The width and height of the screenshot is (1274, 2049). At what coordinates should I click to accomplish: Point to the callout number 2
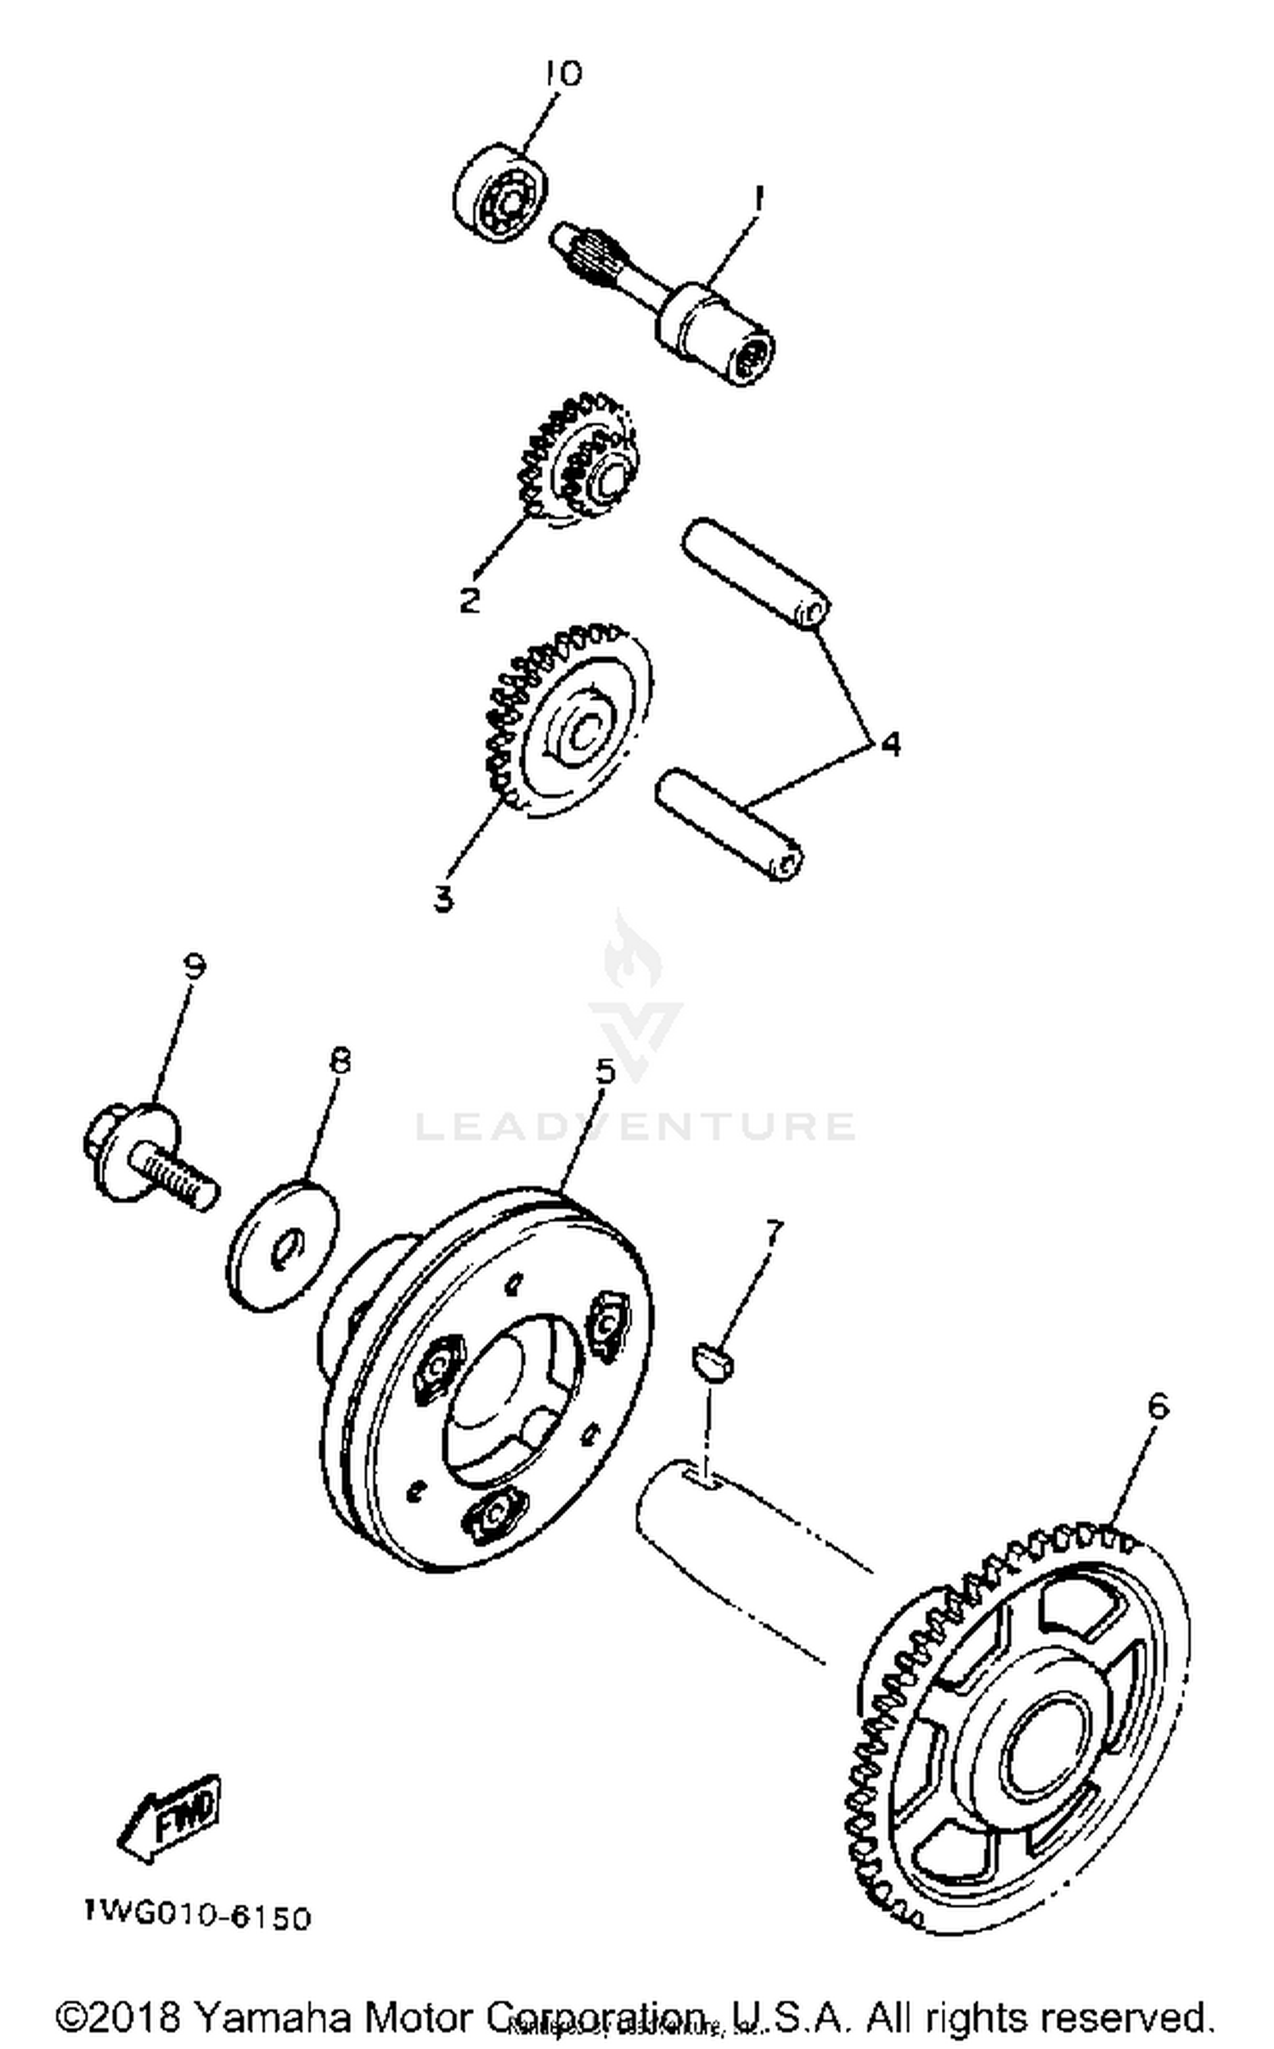coord(469,600)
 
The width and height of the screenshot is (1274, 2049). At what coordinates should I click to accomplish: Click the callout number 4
coord(888,744)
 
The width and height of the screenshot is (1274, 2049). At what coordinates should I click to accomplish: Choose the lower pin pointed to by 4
coord(730,823)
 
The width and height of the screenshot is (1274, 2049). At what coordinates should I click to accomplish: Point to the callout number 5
coord(605,1071)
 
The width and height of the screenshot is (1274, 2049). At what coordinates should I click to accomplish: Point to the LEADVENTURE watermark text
coord(634,1127)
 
